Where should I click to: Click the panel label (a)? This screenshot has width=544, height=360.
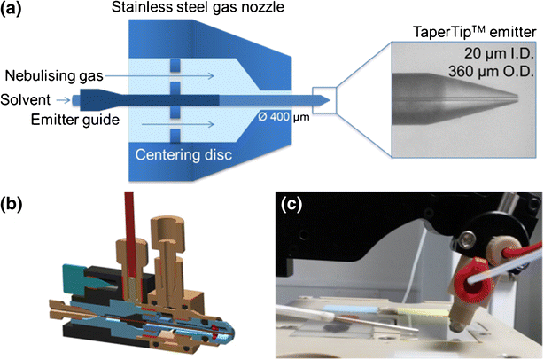coord(18,12)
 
